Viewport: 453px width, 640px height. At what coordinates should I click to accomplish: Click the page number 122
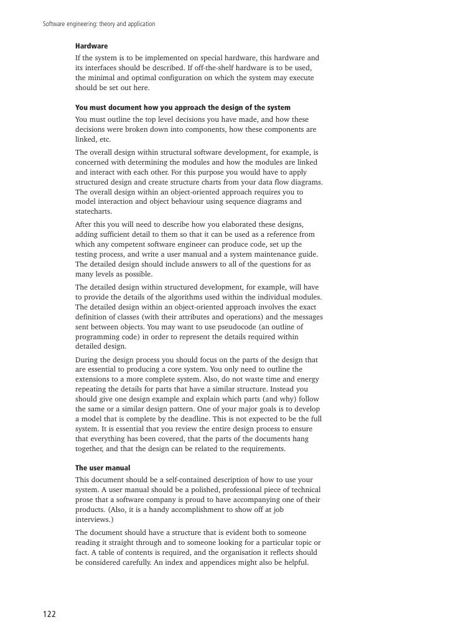(x=49, y=615)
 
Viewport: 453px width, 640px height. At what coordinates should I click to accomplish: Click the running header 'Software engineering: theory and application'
(x=98, y=24)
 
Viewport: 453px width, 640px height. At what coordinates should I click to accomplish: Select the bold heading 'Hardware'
(x=91, y=47)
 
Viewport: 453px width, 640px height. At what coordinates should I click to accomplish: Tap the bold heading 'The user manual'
(x=103, y=468)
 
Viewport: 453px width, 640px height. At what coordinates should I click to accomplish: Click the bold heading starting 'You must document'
(x=182, y=107)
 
